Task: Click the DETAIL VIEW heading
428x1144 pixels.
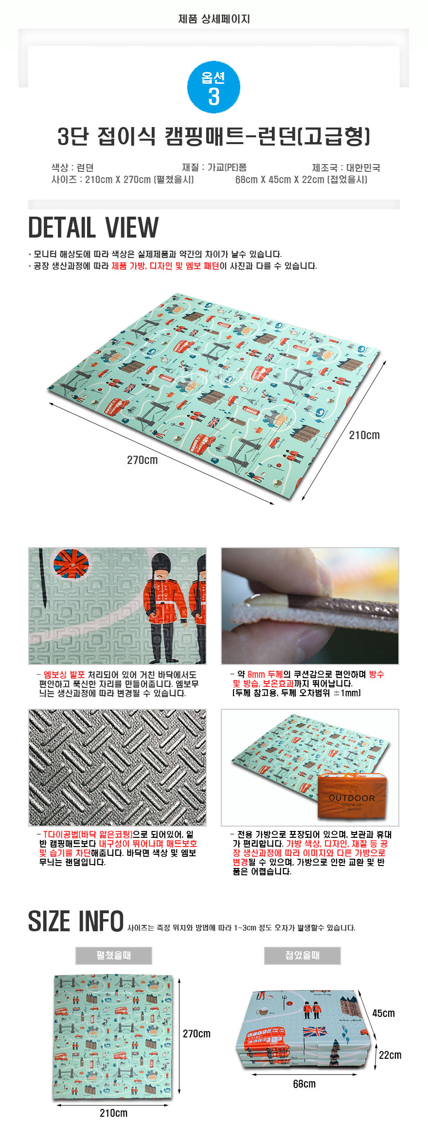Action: pos(93,227)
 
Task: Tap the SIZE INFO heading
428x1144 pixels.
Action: pos(76,922)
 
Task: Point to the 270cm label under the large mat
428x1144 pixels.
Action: pos(143,460)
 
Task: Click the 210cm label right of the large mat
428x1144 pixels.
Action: pos(364,435)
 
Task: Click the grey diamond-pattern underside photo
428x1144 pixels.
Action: pos(117,768)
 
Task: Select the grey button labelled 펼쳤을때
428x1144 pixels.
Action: pos(114,956)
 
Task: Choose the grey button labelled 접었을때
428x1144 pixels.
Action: pos(303,956)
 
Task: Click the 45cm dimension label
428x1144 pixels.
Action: pos(384,1013)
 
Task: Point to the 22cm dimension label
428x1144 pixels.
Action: pos(390,1055)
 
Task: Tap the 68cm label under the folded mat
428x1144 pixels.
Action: pos(304,1084)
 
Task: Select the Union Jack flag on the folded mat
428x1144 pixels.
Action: pos(315,1031)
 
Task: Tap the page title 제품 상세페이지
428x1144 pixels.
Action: pos(214,19)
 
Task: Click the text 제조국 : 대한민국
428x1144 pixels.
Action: pos(346,167)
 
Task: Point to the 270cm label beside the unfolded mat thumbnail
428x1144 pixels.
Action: pos(197,1033)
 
